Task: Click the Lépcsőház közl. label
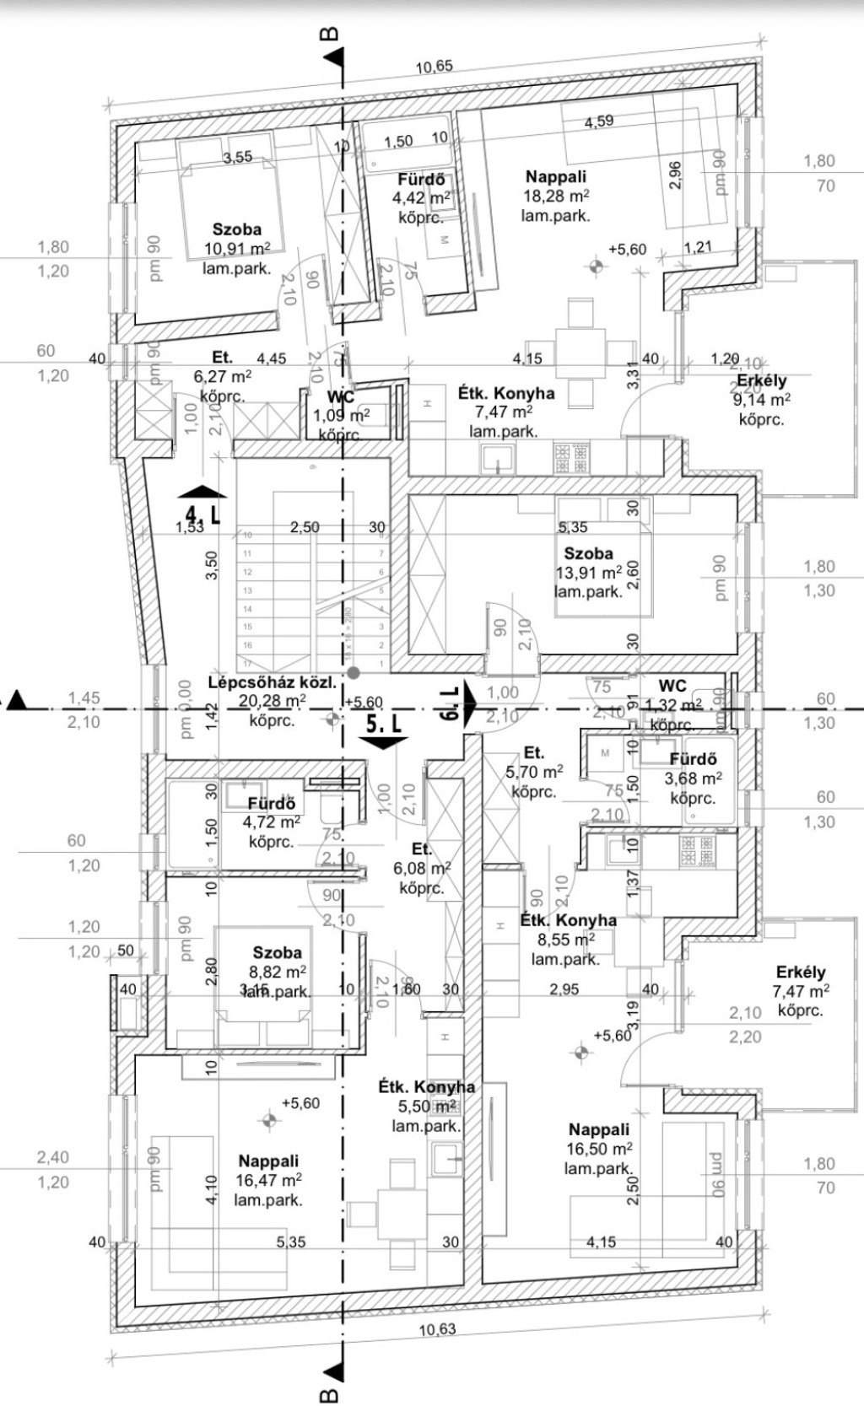pos(272,683)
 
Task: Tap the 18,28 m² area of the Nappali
pos(555,197)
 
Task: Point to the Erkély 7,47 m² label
pos(801,972)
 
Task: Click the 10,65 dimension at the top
pos(434,67)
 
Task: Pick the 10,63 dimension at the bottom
pos(436,1329)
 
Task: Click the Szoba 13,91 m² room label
pos(588,554)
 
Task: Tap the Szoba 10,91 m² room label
pos(236,229)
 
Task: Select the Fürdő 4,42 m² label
pos(421,180)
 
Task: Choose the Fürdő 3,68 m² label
pos(693,759)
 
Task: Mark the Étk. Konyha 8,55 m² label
pos(568,920)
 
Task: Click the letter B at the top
pos(331,35)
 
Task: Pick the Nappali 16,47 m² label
pos(267,1161)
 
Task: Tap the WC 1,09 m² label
pos(341,396)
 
